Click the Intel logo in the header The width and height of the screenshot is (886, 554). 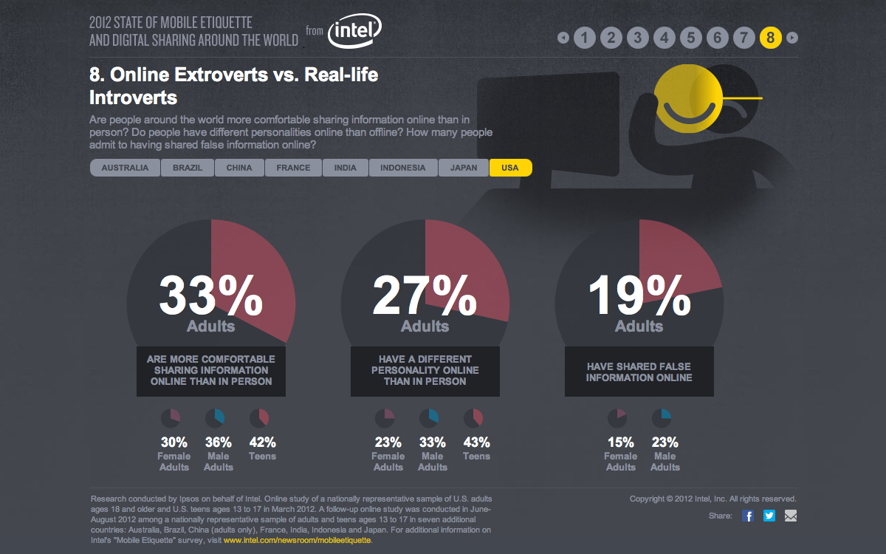coord(354,33)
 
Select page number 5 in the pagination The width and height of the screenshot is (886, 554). coord(690,37)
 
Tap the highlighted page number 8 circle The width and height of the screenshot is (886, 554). coord(770,37)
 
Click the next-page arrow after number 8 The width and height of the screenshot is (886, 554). coord(792,37)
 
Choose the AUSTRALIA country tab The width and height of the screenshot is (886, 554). coord(125,168)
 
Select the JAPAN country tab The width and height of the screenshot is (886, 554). coord(464,168)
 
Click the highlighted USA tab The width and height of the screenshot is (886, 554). coord(510,168)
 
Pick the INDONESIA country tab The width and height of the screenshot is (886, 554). coord(402,168)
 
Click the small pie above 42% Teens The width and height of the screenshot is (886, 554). coord(259,419)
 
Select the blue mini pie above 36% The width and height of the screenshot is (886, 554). coord(215,419)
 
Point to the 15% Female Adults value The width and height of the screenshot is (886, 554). coord(620,443)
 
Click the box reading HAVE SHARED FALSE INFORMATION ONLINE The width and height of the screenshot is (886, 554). coord(639,372)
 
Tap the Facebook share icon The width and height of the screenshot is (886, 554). coord(748,516)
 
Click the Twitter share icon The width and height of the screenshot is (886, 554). coord(769,516)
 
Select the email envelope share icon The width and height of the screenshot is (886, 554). coord(791,516)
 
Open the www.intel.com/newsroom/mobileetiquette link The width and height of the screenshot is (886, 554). coord(297,541)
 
